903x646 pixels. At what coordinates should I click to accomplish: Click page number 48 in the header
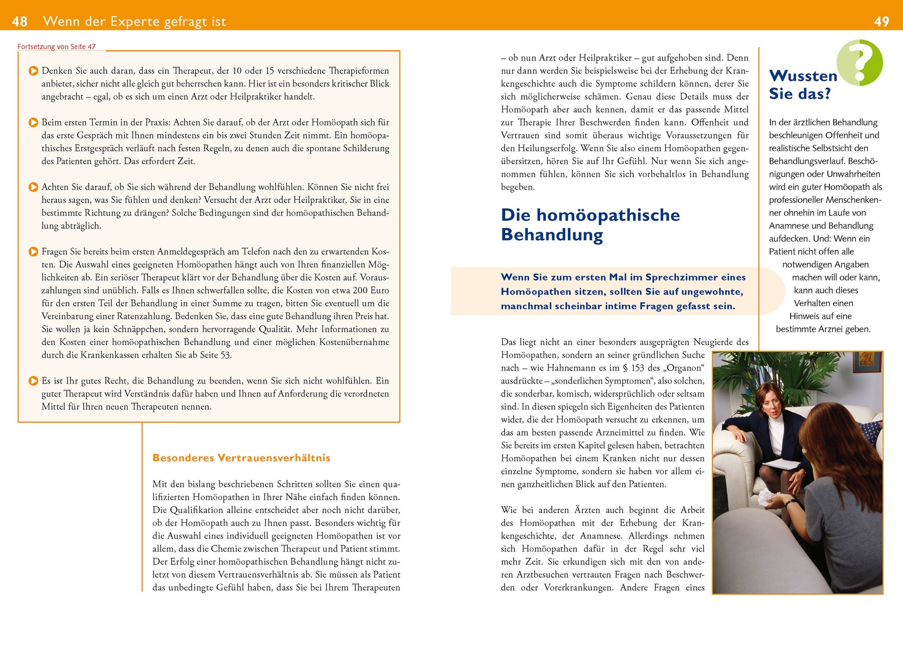tap(20, 22)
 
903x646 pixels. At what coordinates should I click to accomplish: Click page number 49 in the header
tap(881, 22)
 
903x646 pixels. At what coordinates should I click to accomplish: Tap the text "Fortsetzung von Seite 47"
tap(56, 47)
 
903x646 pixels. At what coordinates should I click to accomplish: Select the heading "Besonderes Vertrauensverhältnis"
tap(241, 458)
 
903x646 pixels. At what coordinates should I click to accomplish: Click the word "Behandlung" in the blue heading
tap(552, 235)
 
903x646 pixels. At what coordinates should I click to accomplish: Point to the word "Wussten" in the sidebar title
tap(803, 76)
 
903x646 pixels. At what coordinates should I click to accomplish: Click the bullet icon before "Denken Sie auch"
tap(33, 71)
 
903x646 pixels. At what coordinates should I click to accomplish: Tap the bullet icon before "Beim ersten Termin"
tap(33, 122)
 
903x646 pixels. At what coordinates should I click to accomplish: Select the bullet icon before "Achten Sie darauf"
tap(33, 187)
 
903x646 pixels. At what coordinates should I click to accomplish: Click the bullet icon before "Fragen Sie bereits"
tap(33, 252)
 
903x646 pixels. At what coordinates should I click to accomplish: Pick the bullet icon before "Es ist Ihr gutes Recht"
tap(33, 381)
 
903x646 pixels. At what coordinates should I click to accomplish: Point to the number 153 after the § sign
tap(638, 368)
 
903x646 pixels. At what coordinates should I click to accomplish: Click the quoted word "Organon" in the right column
tap(684, 368)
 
